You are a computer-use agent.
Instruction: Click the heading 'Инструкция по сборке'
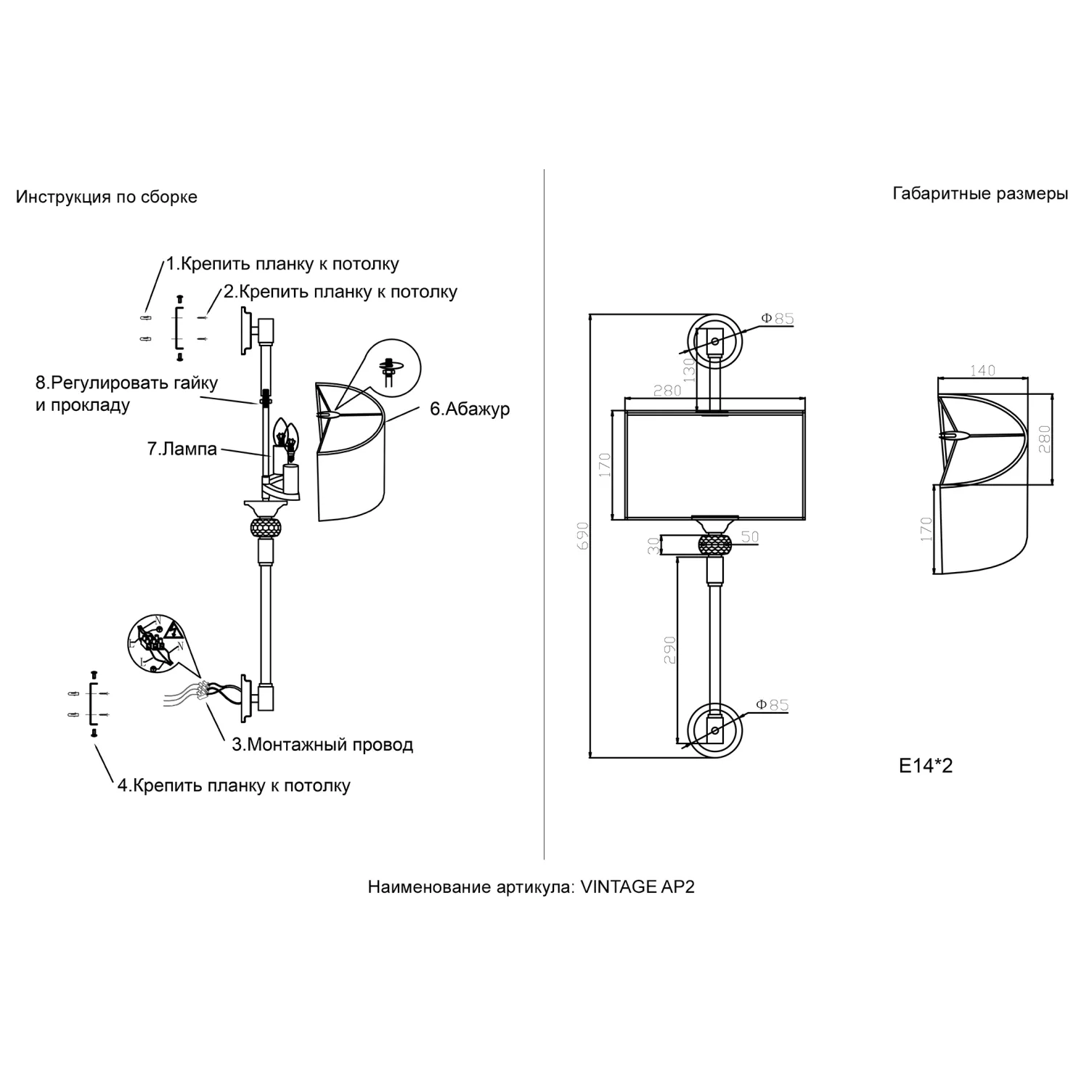(107, 197)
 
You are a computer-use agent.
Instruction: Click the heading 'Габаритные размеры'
(980, 194)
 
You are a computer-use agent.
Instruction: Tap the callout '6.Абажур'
(470, 409)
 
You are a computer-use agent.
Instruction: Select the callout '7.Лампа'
(182, 449)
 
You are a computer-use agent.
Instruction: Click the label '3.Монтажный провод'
(322, 745)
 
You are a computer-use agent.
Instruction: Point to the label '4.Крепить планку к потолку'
(234, 786)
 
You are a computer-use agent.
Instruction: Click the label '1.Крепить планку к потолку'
(282, 264)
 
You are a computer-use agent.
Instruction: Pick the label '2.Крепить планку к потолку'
(340, 292)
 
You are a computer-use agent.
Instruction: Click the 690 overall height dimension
(582, 536)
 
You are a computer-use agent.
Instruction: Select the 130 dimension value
(689, 370)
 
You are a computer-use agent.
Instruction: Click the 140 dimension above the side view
(982, 370)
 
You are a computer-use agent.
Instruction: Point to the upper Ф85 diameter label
(778, 318)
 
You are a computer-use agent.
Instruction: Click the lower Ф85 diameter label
(772, 704)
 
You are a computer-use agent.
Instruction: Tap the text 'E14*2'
(926, 765)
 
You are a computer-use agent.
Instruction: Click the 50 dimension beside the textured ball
(750, 537)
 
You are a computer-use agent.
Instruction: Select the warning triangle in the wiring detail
(174, 629)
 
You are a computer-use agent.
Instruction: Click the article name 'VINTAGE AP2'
(638, 886)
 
